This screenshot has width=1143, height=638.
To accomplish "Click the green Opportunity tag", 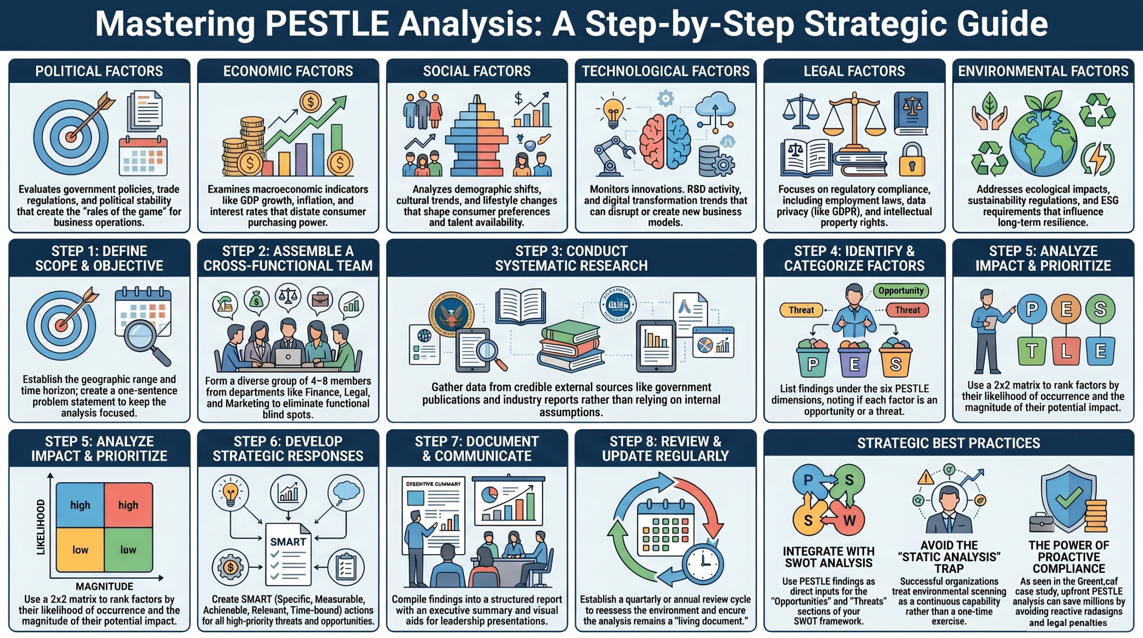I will [x=901, y=291].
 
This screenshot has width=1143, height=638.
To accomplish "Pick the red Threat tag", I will [x=907, y=310].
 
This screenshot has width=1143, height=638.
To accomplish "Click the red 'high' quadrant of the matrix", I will [x=129, y=505].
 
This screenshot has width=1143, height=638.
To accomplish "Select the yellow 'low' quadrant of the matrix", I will [x=80, y=550].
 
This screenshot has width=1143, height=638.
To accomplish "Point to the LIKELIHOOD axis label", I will [x=41, y=527].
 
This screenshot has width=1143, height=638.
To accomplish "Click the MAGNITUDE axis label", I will [x=104, y=586].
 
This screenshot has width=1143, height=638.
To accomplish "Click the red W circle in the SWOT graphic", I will [x=849, y=521].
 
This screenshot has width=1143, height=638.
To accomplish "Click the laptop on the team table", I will [x=288, y=357].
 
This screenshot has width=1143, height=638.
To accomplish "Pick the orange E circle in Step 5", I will [x=1066, y=309].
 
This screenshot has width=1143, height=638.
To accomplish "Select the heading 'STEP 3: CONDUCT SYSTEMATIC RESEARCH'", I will [x=571, y=258].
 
